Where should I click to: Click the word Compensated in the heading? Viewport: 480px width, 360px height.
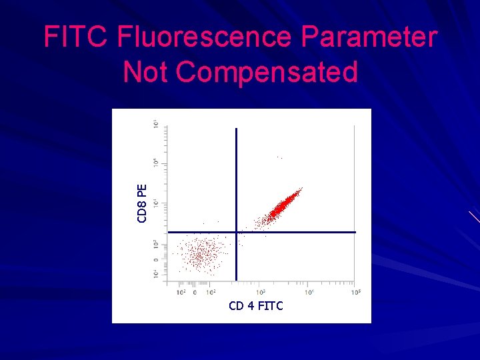tap(267, 72)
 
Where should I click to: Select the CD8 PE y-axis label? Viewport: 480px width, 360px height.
tap(142, 203)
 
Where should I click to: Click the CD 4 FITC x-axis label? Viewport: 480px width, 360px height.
tap(255, 306)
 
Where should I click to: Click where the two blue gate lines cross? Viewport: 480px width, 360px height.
tap(236, 232)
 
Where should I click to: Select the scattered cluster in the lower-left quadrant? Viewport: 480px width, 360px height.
tap(198, 254)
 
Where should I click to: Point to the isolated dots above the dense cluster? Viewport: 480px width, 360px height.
tap(279, 157)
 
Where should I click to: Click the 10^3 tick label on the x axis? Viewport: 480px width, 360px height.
tap(261, 292)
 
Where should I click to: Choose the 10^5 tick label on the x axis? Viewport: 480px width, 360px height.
tap(357, 292)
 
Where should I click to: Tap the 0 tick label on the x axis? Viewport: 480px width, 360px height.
tap(195, 292)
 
